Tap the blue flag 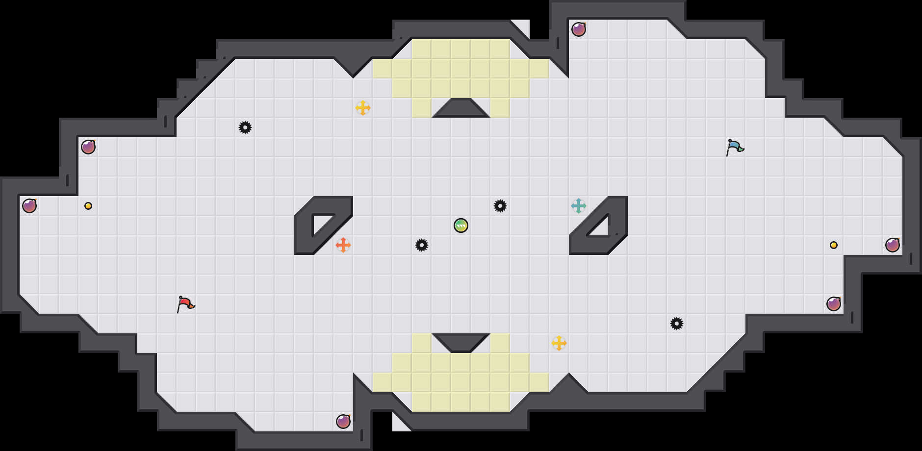[x=735, y=147]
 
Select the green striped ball [x=461, y=225]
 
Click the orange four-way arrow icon [x=343, y=245]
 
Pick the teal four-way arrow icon [x=579, y=206]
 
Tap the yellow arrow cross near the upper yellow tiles [x=363, y=108]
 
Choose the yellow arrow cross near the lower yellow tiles [x=559, y=343]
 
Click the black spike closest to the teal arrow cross [x=500, y=206]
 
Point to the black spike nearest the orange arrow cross [x=422, y=245]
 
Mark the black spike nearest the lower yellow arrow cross [x=677, y=324]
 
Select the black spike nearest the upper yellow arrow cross [x=245, y=127]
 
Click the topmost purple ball [x=579, y=29]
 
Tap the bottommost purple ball [x=343, y=422]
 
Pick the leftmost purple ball [x=29, y=206]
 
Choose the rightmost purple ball [x=893, y=245]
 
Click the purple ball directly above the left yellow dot [x=88, y=147]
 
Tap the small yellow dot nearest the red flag [x=88, y=206]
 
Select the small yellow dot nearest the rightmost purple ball [x=834, y=245]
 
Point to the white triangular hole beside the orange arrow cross [x=321, y=223]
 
